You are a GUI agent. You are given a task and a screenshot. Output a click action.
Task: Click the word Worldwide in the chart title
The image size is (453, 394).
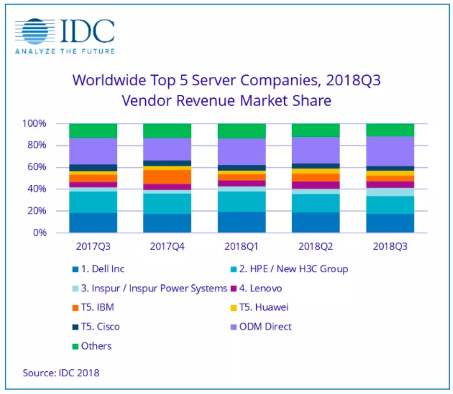click(109, 80)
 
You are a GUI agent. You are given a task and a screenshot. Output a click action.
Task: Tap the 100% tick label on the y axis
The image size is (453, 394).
click(34, 124)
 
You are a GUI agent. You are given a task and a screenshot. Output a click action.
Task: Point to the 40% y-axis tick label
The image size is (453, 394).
click(37, 189)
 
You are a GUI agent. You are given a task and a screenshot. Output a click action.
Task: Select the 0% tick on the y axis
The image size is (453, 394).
click(40, 233)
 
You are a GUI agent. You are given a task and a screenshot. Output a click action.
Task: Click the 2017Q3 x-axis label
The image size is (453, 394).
click(93, 247)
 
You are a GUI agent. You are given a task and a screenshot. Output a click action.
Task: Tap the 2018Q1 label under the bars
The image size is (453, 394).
click(242, 247)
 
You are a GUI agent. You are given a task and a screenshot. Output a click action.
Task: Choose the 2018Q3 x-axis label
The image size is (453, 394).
click(390, 247)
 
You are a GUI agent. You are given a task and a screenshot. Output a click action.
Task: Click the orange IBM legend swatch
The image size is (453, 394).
click(75, 308)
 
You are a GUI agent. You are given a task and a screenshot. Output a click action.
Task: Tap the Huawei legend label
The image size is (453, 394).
click(263, 307)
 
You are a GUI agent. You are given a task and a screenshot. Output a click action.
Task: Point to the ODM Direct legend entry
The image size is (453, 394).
click(265, 327)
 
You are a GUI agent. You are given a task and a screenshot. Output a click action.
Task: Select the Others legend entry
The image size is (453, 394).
click(96, 346)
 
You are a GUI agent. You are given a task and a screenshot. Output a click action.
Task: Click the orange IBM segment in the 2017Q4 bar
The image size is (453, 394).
click(167, 177)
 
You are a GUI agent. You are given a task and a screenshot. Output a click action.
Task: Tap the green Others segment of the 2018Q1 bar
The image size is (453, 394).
click(242, 131)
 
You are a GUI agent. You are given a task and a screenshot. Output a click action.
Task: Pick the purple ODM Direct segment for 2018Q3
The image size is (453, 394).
click(390, 151)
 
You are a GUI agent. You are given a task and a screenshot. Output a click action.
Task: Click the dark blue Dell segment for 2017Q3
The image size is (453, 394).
click(93, 223)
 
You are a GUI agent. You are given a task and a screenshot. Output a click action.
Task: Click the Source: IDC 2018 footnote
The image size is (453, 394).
click(61, 373)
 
